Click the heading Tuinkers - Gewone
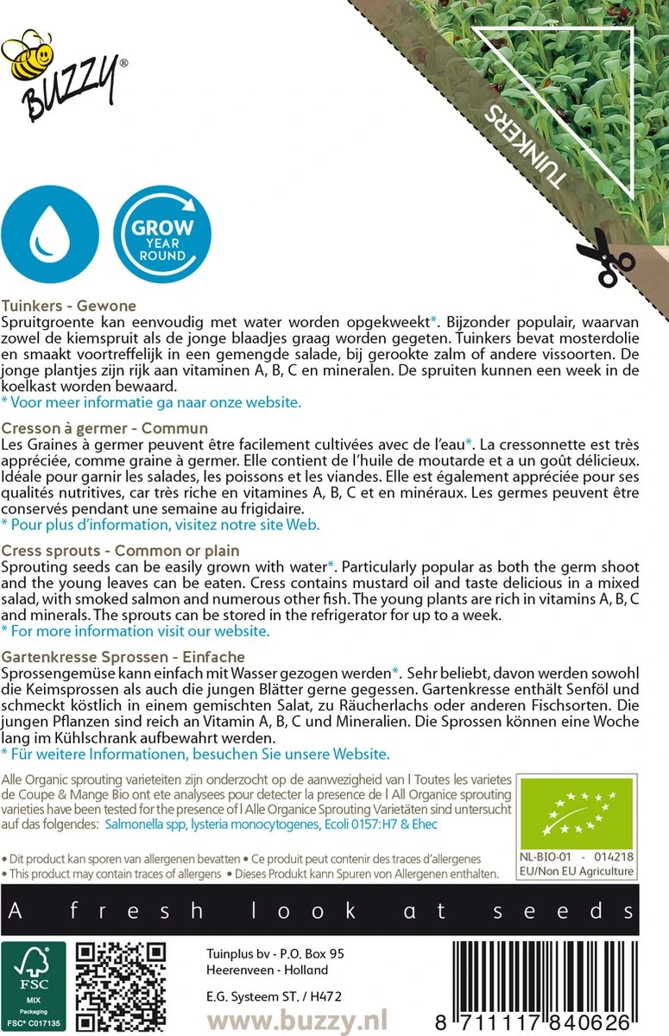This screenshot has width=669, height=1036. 69,306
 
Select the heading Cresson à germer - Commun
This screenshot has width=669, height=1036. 105,428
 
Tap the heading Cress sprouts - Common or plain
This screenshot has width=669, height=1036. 121,551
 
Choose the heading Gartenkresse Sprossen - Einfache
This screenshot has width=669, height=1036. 123,657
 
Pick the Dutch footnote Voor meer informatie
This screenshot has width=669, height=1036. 152,402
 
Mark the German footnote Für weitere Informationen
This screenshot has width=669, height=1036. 195,754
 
